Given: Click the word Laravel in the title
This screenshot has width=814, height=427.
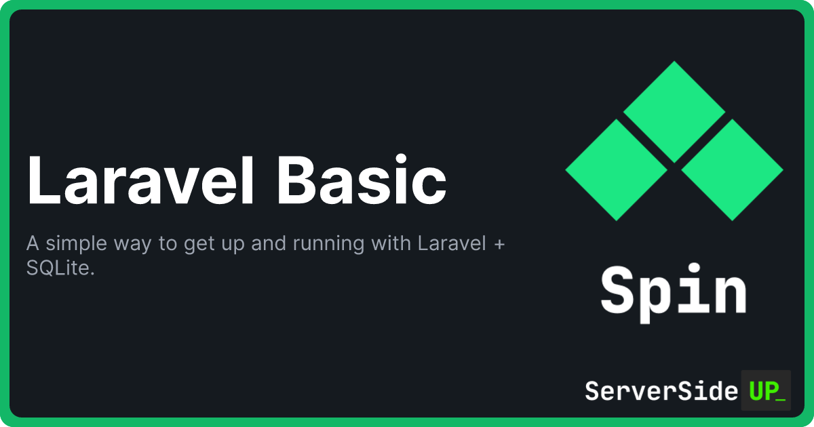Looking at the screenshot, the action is click(140, 180).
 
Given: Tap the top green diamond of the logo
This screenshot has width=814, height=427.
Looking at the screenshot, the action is click(674, 112).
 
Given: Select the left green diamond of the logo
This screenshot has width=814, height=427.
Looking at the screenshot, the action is click(617, 170).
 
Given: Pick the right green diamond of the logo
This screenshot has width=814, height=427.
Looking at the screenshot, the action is click(732, 170).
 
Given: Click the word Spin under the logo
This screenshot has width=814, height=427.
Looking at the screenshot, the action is click(674, 293).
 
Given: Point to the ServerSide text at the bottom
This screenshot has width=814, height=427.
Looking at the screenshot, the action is click(661, 391).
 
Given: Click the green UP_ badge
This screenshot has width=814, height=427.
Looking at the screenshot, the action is click(766, 390).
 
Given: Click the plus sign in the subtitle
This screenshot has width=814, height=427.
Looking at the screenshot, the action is click(500, 244).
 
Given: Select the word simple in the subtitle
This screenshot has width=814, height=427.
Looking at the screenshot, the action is click(76, 244).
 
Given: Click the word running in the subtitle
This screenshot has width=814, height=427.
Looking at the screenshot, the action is click(328, 244).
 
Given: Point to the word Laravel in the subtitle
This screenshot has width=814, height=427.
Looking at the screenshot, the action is click(452, 243).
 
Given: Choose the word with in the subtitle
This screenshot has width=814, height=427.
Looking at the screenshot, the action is click(391, 243).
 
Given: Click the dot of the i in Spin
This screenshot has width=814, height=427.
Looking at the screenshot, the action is click(695, 268).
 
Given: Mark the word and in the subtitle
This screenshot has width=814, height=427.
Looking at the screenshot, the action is click(268, 243).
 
